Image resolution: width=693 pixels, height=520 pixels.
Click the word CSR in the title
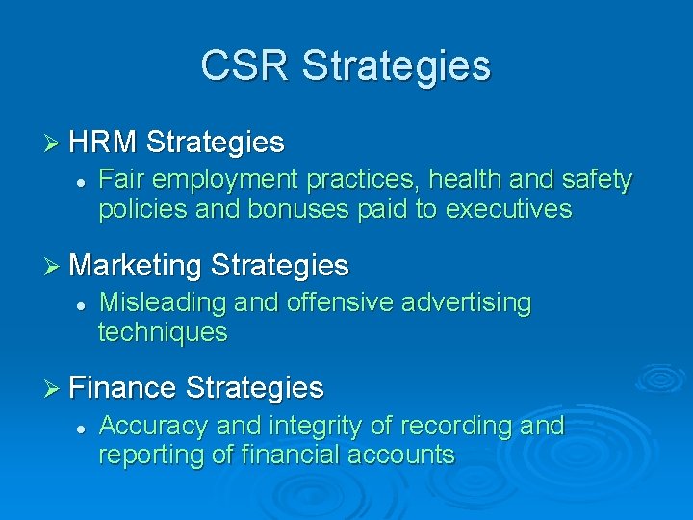click(x=244, y=66)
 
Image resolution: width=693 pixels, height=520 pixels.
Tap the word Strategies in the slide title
click(x=396, y=66)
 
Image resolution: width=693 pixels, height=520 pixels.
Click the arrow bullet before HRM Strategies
click(x=55, y=143)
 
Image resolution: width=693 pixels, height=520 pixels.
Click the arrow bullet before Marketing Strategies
click(x=55, y=265)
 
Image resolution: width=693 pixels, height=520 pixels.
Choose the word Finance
click(x=122, y=388)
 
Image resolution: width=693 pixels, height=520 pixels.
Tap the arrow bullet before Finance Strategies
click(x=55, y=388)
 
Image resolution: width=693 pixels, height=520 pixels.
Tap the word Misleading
click(x=163, y=303)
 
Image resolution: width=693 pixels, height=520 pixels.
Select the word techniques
click(x=163, y=333)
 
